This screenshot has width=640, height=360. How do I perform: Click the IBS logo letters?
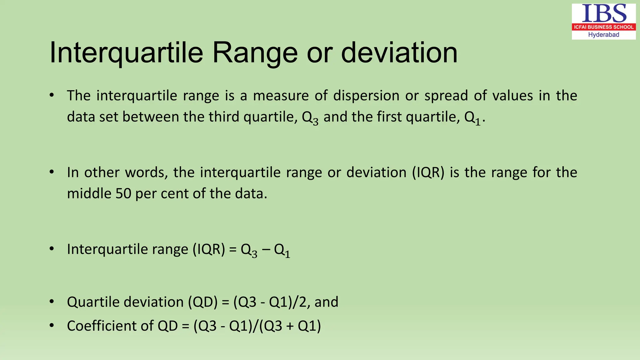(x=604, y=14)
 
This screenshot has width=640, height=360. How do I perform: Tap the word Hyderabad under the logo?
(x=603, y=35)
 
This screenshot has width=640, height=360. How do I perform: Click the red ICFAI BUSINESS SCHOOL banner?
(x=604, y=27)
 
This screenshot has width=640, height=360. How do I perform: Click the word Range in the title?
(x=255, y=52)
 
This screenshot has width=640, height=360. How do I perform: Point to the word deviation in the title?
(x=399, y=52)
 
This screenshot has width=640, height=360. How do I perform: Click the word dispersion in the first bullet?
(x=366, y=96)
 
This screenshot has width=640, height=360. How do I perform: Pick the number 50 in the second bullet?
(x=123, y=194)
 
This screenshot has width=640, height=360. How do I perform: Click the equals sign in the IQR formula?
(x=233, y=250)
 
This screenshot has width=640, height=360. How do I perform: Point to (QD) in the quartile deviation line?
(x=202, y=302)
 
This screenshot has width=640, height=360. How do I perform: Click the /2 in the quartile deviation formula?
(x=301, y=302)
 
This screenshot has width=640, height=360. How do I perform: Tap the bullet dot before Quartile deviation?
(x=52, y=302)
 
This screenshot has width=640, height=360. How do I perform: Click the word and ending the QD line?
(x=326, y=302)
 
